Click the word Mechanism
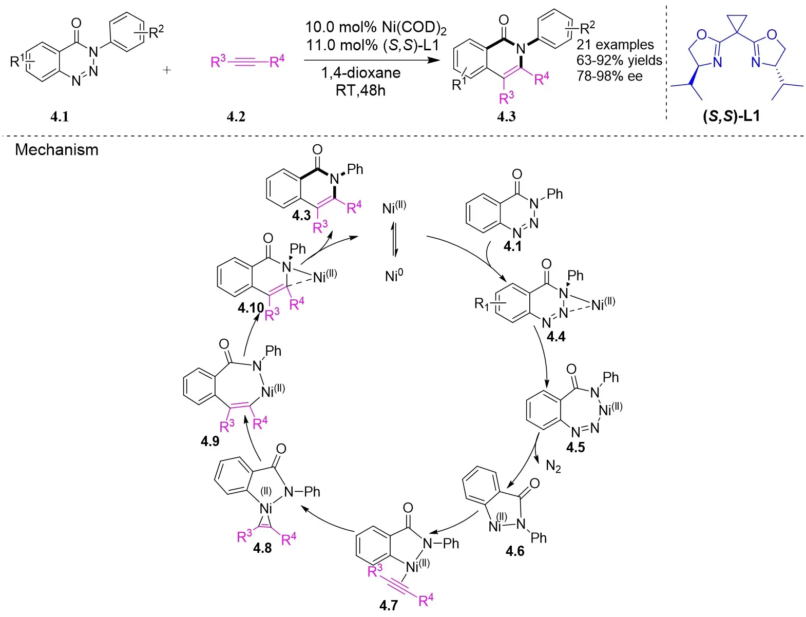[x=56, y=150]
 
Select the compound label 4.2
[x=236, y=117]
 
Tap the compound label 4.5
[x=575, y=448]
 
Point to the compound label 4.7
[x=389, y=606]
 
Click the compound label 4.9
[x=210, y=441]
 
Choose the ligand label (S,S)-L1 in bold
[x=731, y=116]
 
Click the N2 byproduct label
[x=553, y=467]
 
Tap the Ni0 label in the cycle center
[x=394, y=276]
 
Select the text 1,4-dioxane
[x=361, y=73]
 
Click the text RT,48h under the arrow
[x=360, y=90]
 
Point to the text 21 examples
[x=615, y=45]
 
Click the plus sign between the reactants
[x=167, y=70]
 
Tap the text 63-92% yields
[x=619, y=61]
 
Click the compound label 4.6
[x=515, y=551]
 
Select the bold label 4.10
[x=251, y=308]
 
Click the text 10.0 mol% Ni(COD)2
[x=376, y=27]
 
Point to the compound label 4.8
[x=262, y=548]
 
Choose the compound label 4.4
[x=555, y=337]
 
